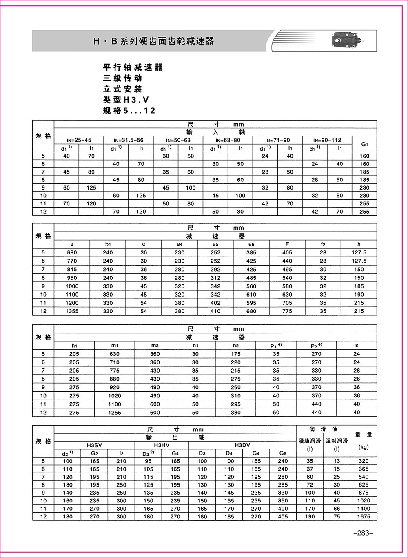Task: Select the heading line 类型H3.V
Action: (126, 100)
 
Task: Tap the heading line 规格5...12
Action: (129, 111)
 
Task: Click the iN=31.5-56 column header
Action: (129, 140)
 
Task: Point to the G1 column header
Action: (364, 144)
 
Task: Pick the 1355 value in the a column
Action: (72, 311)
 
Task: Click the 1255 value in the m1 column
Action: (115, 413)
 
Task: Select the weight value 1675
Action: (363, 516)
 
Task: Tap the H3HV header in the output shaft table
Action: (162, 445)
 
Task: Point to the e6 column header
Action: (251, 244)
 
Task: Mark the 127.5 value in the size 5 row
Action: (359, 252)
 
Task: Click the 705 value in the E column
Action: (287, 303)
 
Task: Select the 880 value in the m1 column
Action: (115, 379)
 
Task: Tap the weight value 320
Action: (363, 461)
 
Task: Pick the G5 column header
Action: (283, 453)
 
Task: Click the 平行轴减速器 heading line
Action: (133, 67)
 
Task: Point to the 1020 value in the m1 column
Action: (115, 396)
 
